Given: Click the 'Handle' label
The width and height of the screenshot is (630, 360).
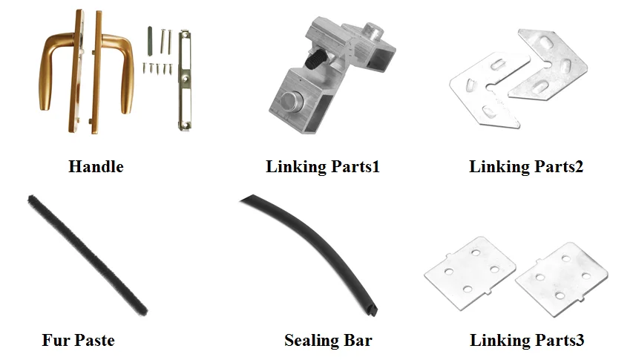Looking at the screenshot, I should pyautogui.click(x=96, y=167).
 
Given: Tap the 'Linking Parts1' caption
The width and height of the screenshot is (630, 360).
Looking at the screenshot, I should pyautogui.click(x=323, y=167).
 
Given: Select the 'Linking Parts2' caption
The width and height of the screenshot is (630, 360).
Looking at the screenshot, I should pyautogui.click(x=526, y=167).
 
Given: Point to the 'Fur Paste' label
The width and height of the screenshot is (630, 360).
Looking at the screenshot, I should pyautogui.click(x=78, y=341).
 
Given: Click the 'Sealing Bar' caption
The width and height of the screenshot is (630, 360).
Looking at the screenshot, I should pyautogui.click(x=328, y=341).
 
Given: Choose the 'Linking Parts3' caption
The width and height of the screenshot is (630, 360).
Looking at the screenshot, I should pyautogui.click(x=527, y=341).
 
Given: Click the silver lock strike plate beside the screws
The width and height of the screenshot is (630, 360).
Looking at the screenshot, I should pyautogui.click(x=183, y=82).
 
